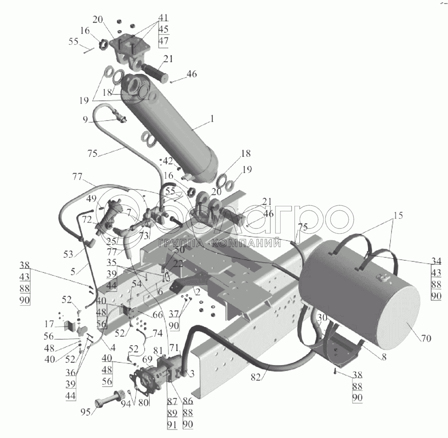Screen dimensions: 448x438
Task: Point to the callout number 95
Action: [x=86, y=411]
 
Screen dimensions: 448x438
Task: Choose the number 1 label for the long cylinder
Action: [x=212, y=119]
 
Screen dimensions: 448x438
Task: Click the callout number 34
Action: [x=436, y=261]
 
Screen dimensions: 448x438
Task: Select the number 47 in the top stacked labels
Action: [x=163, y=41]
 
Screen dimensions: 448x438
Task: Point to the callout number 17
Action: [x=49, y=324]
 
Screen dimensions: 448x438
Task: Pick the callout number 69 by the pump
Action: [x=147, y=360]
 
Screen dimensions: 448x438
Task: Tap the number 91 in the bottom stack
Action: [x=172, y=425]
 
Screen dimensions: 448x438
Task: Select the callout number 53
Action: [x=68, y=254]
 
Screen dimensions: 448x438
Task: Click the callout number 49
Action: [x=91, y=199]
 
